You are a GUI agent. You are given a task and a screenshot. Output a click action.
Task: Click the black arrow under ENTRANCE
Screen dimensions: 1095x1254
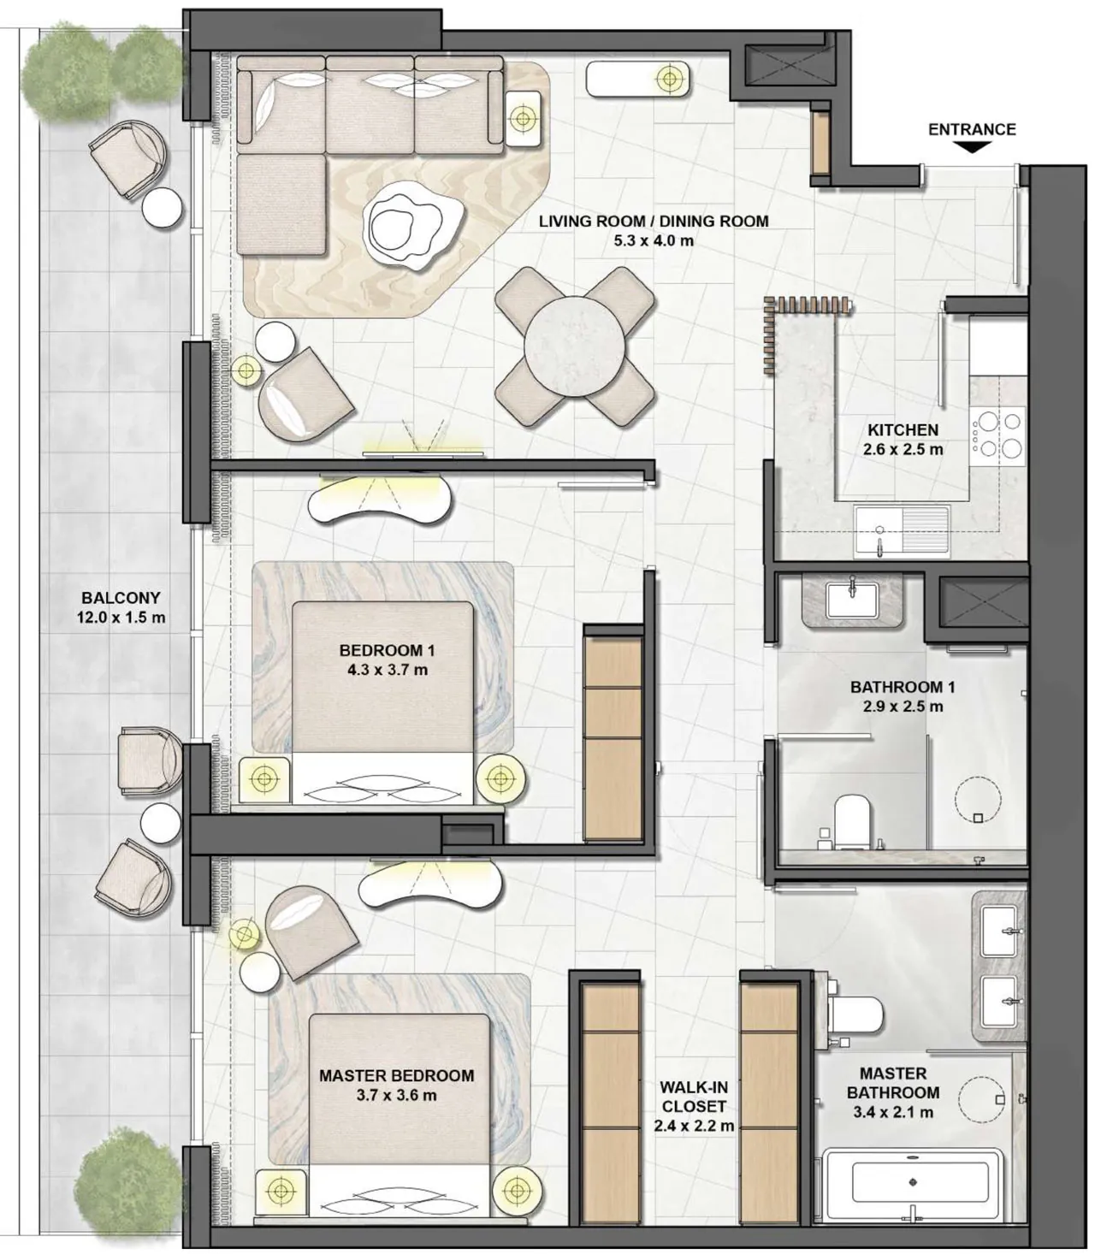(972, 147)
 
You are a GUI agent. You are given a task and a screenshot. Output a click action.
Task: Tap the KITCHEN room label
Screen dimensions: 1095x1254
(903, 430)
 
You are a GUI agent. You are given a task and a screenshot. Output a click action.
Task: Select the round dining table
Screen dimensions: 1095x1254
(575, 346)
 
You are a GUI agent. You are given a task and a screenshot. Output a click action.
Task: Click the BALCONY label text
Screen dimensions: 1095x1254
(121, 598)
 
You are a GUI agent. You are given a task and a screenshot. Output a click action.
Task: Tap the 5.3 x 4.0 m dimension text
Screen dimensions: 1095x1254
(654, 241)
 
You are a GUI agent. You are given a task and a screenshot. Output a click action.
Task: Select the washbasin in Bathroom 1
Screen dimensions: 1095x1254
(852, 600)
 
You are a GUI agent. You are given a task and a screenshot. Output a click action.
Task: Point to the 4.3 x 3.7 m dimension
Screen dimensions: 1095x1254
(388, 670)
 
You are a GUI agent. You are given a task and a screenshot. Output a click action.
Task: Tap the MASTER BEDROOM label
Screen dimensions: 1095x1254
(396, 1075)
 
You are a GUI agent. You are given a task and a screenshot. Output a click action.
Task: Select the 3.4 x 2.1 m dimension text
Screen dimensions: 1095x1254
(893, 1112)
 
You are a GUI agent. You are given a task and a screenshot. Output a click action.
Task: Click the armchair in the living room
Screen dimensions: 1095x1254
(305, 393)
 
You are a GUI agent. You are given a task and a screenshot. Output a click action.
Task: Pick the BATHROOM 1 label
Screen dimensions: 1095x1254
(903, 687)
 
